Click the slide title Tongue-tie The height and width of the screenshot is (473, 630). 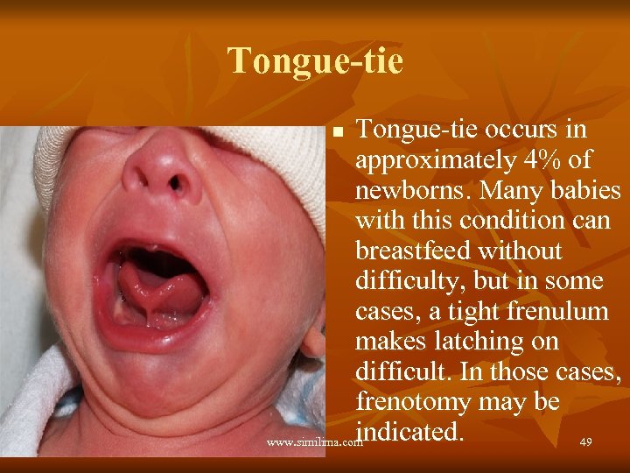315,61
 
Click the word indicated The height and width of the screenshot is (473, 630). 409,431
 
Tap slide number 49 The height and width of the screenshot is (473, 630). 585,442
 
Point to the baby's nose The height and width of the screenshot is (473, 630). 163,171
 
